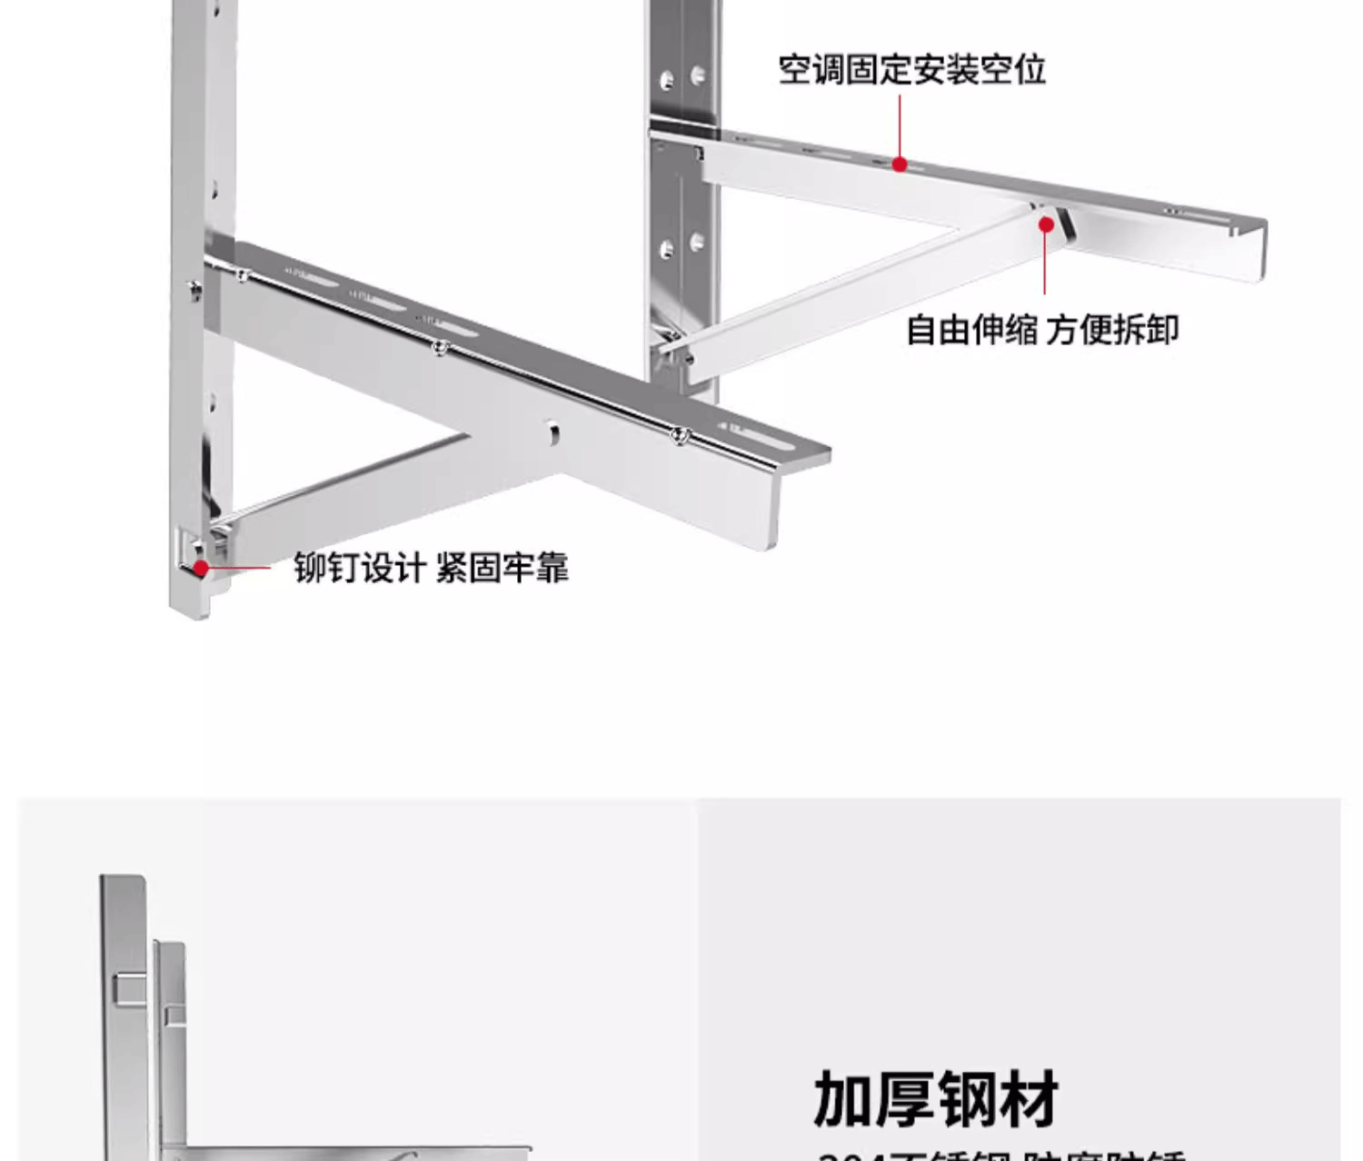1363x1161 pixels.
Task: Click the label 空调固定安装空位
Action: point(912,70)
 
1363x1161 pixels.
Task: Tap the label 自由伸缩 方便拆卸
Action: point(1042,329)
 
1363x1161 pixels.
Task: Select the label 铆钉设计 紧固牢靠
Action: point(431,568)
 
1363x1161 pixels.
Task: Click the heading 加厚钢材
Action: point(936,1099)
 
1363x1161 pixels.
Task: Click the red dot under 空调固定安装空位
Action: point(900,164)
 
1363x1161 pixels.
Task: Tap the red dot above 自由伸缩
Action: point(1047,224)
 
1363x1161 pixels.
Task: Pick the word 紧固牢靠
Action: point(502,568)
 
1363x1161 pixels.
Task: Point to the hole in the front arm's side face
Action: point(552,433)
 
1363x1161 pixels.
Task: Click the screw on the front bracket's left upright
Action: point(194,289)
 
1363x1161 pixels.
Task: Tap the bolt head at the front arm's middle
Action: point(440,346)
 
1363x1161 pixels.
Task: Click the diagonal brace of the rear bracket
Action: point(854,283)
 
